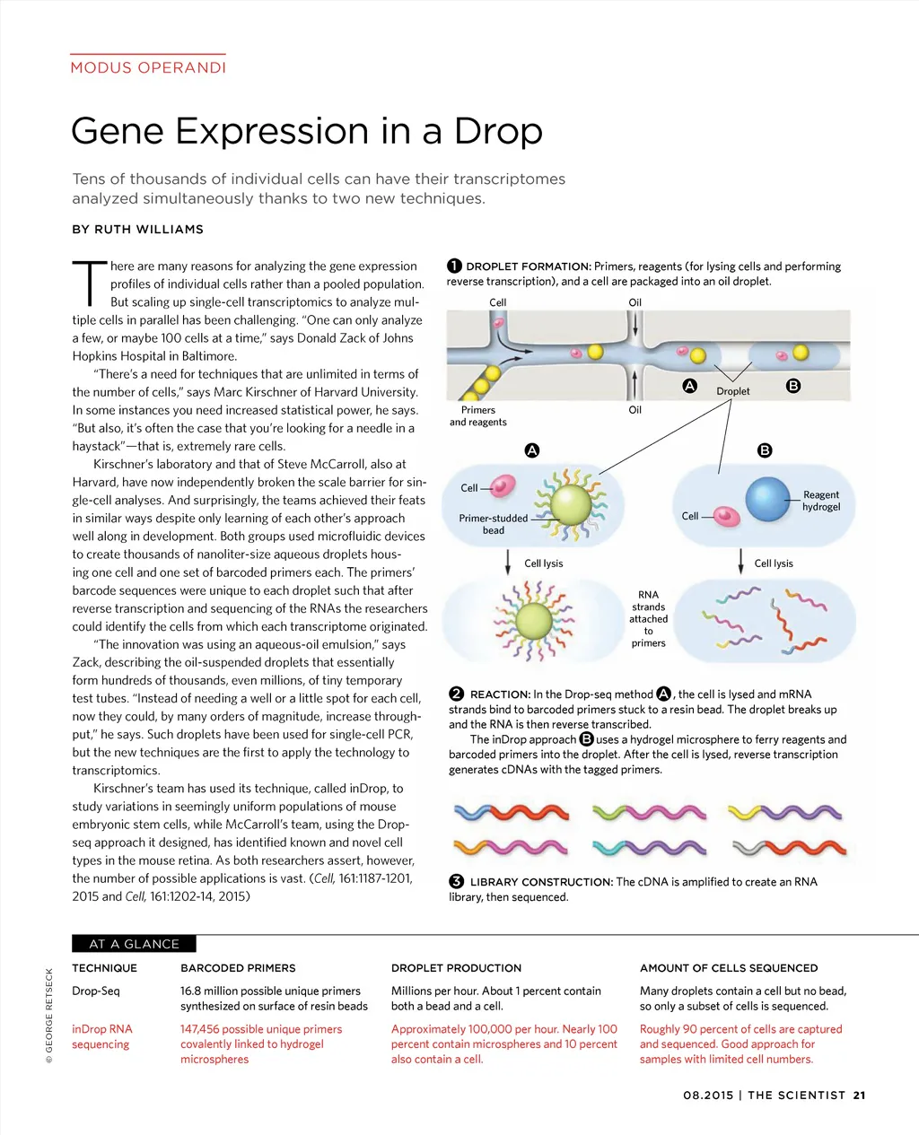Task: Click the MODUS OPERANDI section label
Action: (x=148, y=67)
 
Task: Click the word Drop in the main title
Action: (x=498, y=131)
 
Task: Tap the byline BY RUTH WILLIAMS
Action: (x=137, y=230)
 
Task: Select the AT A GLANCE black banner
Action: (x=134, y=944)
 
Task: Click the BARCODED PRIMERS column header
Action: (x=238, y=968)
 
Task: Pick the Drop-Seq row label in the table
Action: (x=95, y=991)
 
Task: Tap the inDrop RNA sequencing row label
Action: (x=101, y=1036)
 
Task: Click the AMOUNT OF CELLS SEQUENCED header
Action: (x=729, y=968)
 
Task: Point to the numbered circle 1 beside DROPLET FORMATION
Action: (x=455, y=266)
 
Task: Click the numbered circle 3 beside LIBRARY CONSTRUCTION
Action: (x=456, y=881)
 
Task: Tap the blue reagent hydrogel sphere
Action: (x=767, y=500)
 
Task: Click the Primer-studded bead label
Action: (x=494, y=524)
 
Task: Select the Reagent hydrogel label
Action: (x=821, y=501)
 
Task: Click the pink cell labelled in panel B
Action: (x=726, y=517)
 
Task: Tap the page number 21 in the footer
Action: (x=860, y=1095)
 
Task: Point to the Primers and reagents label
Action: (x=478, y=415)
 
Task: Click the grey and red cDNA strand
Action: (x=788, y=847)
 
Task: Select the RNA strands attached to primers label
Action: (x=648, y=618)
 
